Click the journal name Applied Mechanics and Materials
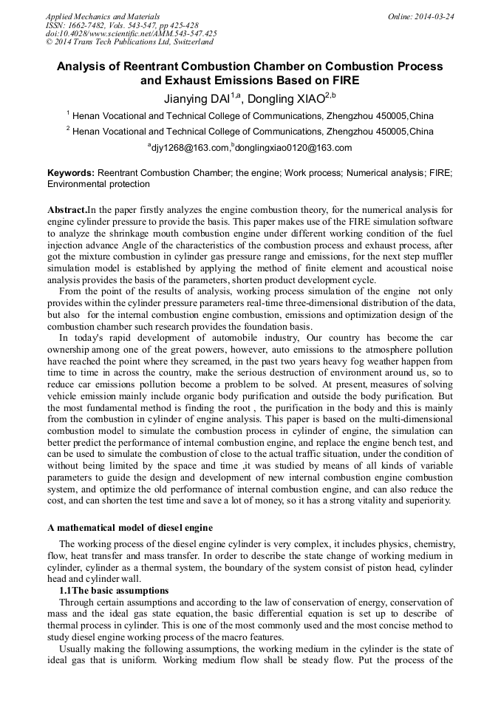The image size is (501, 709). pos(92,16)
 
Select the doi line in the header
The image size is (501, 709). pos(132,33)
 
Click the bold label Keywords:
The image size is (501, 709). pos(71,173)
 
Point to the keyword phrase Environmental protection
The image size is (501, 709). pos(98,183)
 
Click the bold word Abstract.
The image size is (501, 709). pos(67,210)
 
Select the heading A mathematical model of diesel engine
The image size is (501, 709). pos(130,527)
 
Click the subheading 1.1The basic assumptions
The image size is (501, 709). pos(114,590)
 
